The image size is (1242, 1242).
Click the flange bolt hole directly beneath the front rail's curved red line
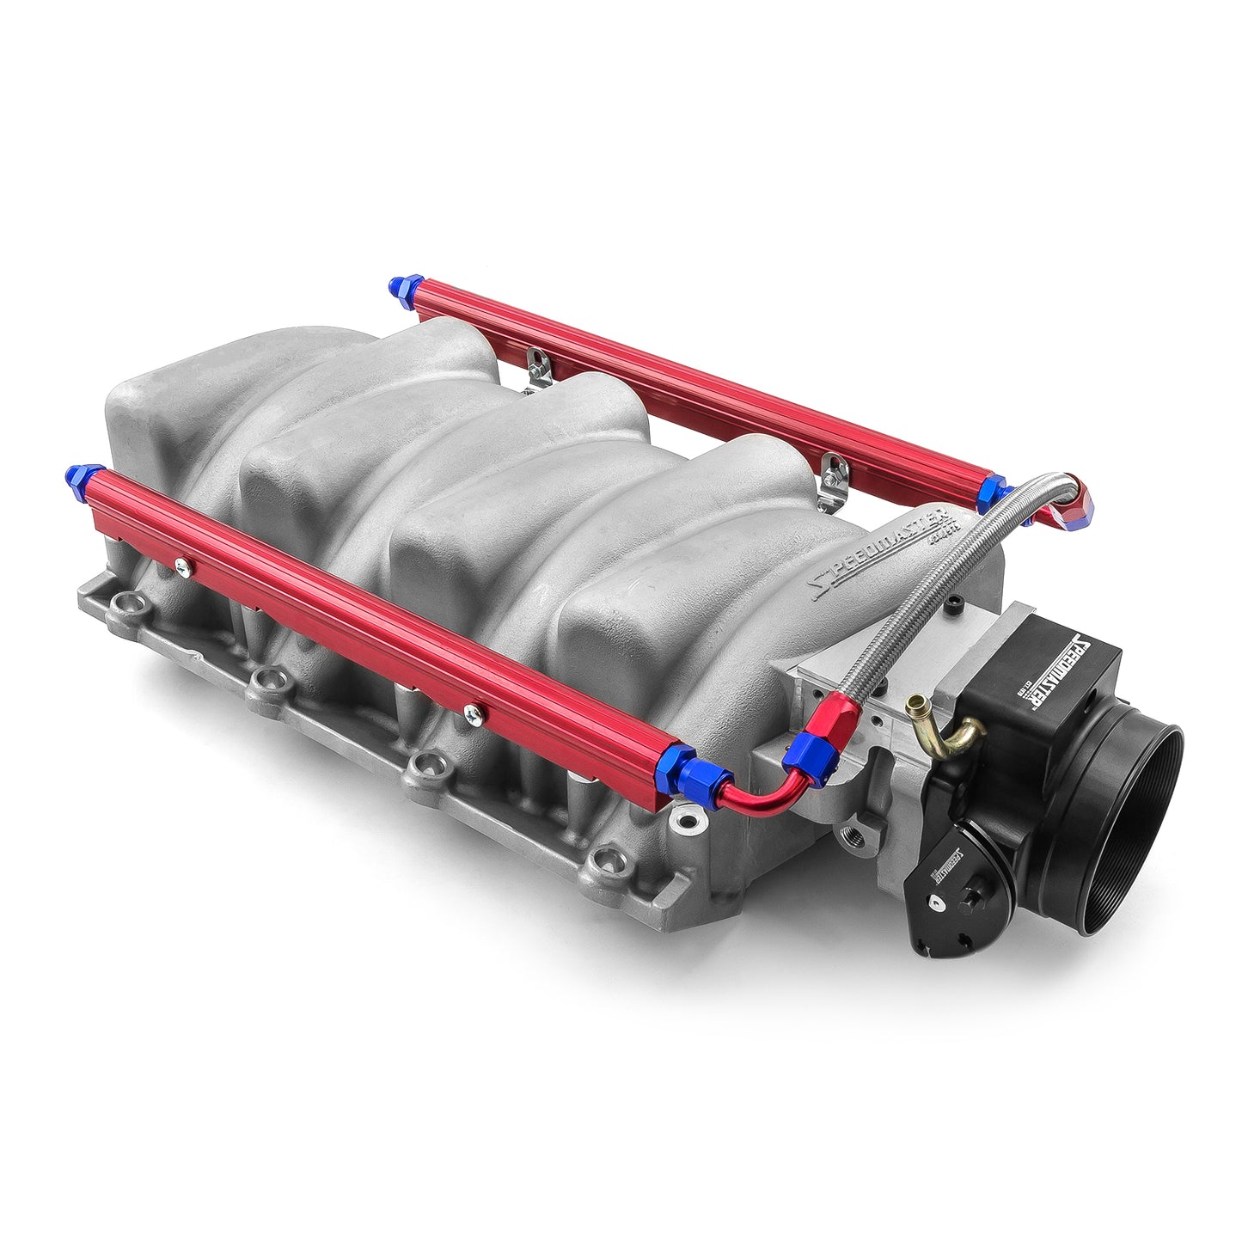pos(685,823)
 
